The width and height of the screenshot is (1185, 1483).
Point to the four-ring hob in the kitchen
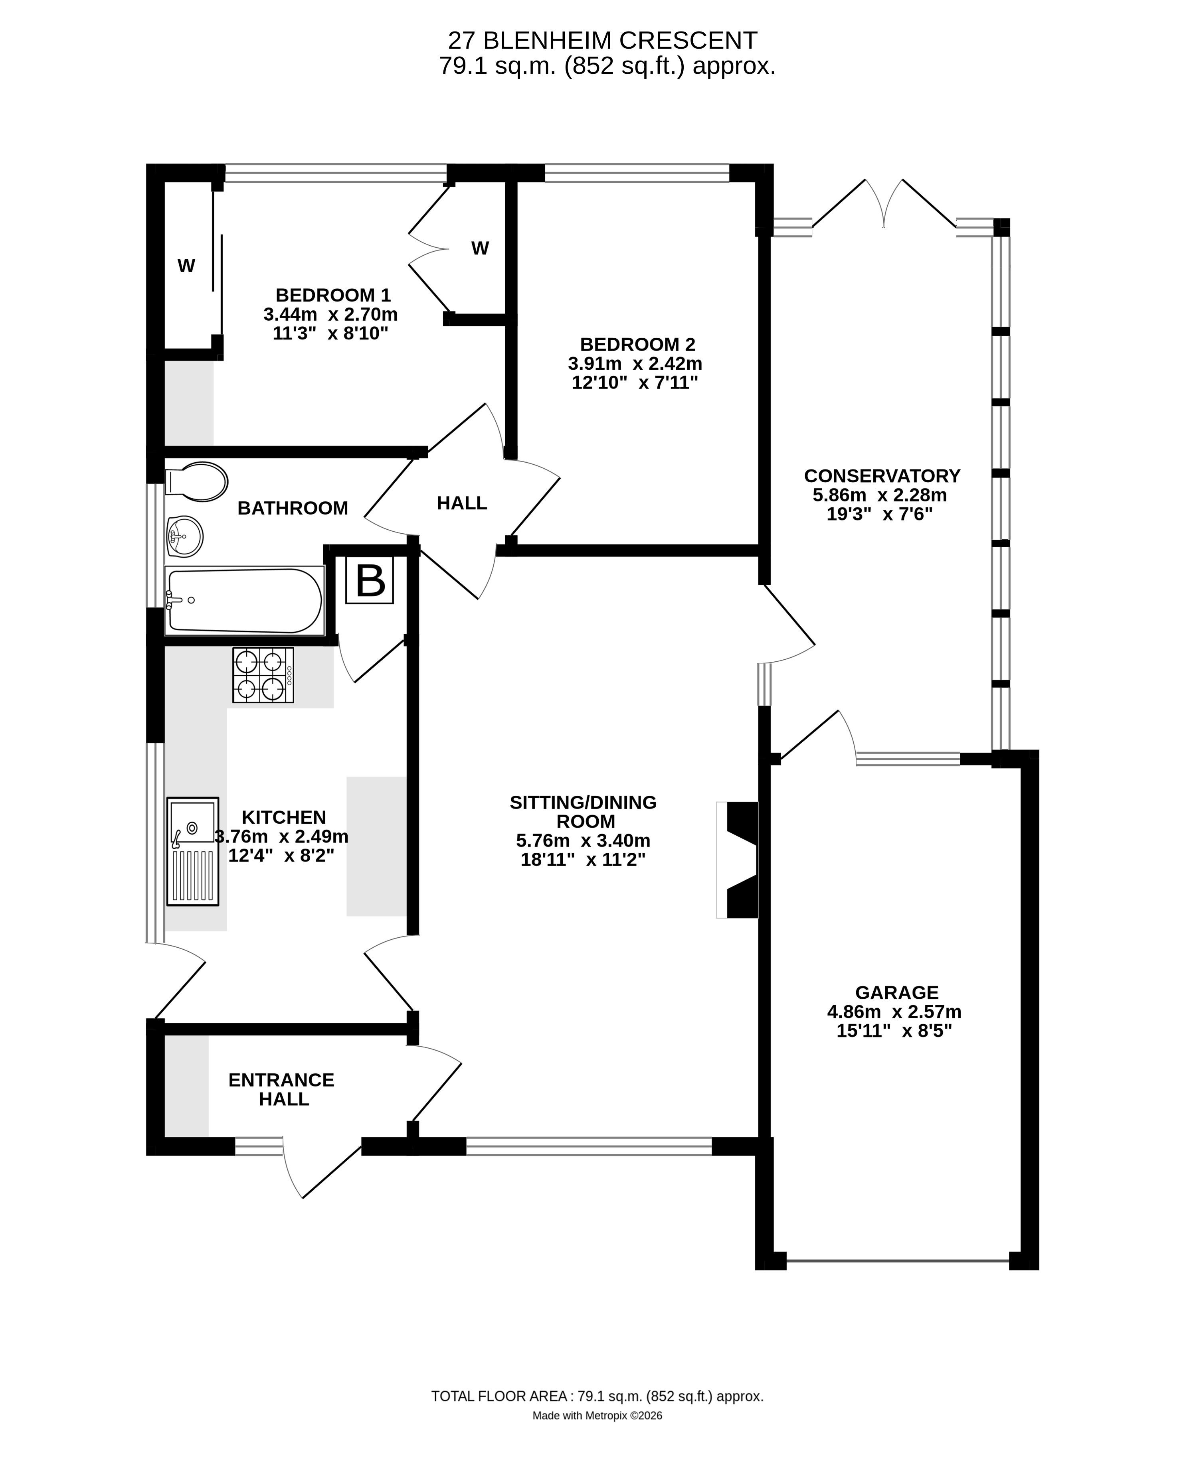(x=263, y=675)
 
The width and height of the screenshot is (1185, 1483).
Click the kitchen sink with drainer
(x=193, y=851)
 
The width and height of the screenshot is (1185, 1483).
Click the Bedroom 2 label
(x=637, y=344)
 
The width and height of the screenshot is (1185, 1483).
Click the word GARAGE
(x=897, y=992)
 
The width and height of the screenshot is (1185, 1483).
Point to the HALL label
(x=462, y=503)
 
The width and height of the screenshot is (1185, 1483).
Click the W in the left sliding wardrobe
(x=186, y=266)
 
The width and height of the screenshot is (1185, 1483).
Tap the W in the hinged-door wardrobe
(x=480, y=248)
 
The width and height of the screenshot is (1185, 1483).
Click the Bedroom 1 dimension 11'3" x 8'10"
(x=330, y=333)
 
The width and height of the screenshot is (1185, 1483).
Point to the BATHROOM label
(x=293, y=508)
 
